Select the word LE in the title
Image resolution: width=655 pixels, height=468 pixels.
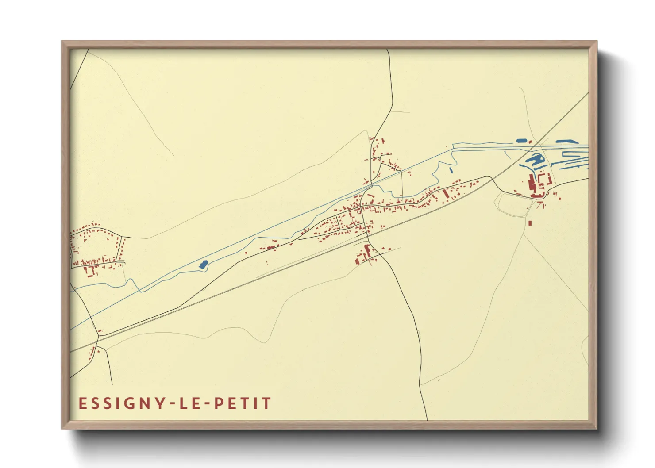coord(189,403)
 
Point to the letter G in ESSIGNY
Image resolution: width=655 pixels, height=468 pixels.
coord(121,403)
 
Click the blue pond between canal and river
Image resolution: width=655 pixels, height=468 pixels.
coord(203,265)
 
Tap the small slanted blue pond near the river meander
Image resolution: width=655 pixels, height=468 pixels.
coord(451,169)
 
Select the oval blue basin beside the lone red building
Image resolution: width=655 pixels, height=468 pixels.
coord(522,141)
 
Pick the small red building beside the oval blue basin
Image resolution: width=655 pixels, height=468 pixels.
coord(530,142)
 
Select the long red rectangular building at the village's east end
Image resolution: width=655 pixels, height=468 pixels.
coord(446,194)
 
